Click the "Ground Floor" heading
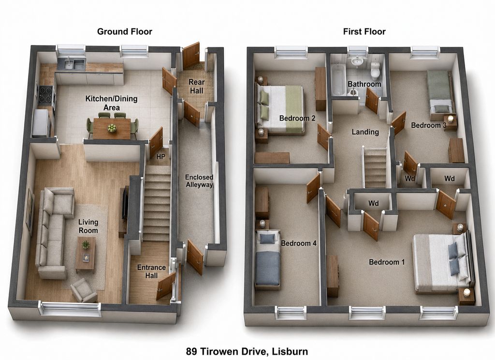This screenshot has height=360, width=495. (x=124, y=31)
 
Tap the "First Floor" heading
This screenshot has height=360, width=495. (x=364, y=31)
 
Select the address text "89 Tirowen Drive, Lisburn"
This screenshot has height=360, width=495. (x=247, y=351)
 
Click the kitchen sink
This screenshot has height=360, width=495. (x=72, y=64)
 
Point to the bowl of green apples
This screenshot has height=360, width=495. (x=112, y=128)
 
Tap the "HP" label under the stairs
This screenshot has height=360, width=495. (x=160, y=157)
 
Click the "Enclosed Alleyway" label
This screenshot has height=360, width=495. (x=199, y=181)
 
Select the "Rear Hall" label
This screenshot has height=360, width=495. (x=196, y=86)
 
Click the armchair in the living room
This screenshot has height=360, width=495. (x=84, y=290)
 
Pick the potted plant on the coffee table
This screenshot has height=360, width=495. (x=85, y=244)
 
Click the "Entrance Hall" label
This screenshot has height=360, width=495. (x=151, y=271)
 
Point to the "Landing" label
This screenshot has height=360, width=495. (x=365, y=132)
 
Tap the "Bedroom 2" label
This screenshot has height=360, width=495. (x=297, y=119)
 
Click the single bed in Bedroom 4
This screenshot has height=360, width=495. (x=268, y=259)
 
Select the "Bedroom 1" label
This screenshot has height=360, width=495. (x=387, y=262)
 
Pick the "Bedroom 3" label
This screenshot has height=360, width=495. (x=428, y=125)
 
